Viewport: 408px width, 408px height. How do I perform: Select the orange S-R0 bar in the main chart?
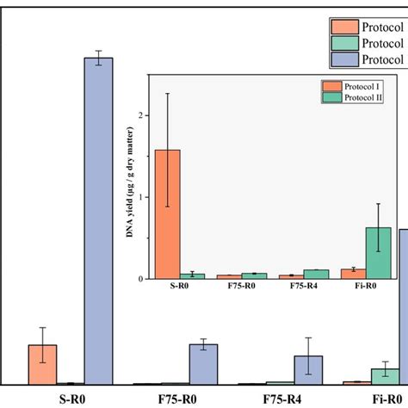[x=43, y=364]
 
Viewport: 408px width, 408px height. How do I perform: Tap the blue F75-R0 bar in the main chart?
[x=203, y=363]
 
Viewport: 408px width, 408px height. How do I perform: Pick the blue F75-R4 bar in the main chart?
[x=308, y=369]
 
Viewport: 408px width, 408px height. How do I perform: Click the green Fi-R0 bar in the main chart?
[x=385, y=376]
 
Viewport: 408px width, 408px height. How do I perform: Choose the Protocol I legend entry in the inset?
[x=358, y=86]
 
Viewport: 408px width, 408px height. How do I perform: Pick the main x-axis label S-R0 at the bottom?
[x=72, y=399]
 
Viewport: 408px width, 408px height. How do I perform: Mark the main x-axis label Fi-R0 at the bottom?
[x=387, y=399]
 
